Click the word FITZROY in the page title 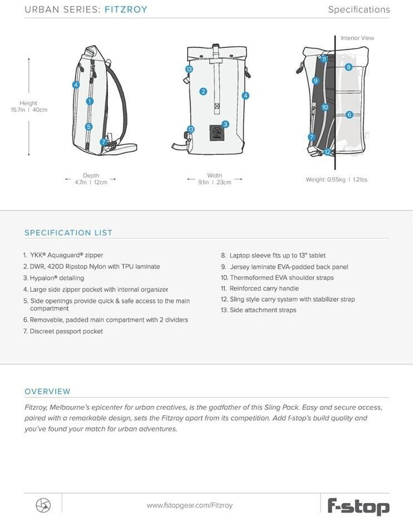126,9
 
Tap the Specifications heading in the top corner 358,9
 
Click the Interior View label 357,38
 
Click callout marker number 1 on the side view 90,101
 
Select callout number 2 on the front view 203,91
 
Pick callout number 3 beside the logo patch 225,124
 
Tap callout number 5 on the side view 89,127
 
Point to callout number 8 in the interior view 348,67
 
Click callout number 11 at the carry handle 324,58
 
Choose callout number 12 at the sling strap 327,152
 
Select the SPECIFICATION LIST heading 68,233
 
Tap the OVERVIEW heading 47,391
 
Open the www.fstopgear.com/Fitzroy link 189,505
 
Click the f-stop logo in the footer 358,505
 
